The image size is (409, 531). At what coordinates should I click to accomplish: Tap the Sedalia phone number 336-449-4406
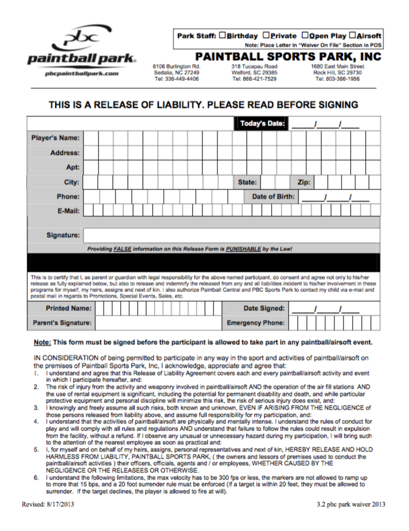tap(175, 79)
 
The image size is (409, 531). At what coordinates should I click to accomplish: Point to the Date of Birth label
tap(273, 196)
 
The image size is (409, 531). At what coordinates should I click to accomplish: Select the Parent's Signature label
tap(62, 323)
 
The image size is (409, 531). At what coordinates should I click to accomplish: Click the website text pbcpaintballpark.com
tap(82, 74)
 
